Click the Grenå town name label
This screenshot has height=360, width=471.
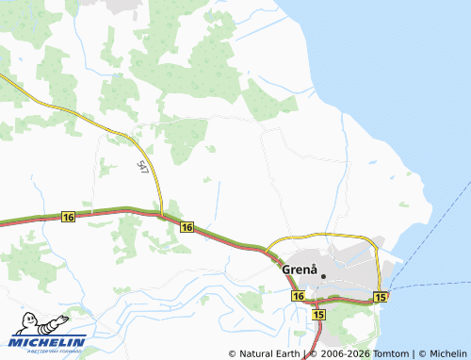click(x=299, y=269)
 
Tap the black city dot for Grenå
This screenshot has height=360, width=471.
click(x=322, y=275)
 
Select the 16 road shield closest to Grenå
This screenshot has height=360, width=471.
click(x=298, y=296)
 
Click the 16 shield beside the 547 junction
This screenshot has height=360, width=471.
click(x=187, y=227)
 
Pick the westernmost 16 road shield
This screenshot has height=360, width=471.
click(x=67, y=217)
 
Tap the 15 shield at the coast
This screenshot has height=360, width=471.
click(x=380, y=297)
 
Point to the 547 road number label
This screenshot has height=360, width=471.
click(x=142, y=167)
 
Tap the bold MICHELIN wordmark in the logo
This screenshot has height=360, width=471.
click(x=48, y=341)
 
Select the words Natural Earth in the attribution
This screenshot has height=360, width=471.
click(x=268, y=353)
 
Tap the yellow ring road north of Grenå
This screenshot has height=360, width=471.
click(x=325, y=234)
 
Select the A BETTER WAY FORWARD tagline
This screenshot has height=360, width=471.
click(x=46, y=350)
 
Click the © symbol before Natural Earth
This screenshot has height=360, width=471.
click(x=233, y=353)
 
